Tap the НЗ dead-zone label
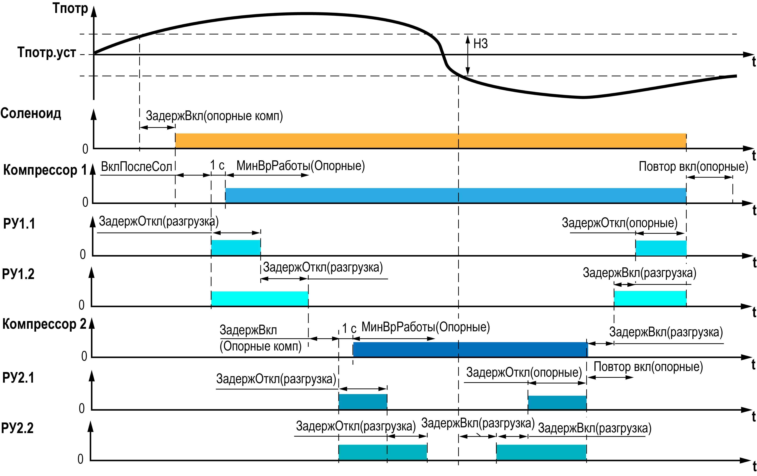pyautogui.click(x=480, y=44)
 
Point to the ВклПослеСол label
pyautogui.click(x=137, y=167)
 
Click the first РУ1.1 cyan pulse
pyautogui.click(x=236, y=248)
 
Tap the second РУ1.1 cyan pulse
pyautogui.click(x=661, y=248)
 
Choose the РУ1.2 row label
pyautogui.click(x=18, y=274)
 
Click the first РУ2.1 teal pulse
pyautogui.click(x=363, y=402)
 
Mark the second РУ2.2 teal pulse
pyautogui.click(x=541, y=452)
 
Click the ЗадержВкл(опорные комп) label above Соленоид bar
pyautogui.click(x=214, y=116)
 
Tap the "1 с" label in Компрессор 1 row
pyautogui.click(x=217, y=165)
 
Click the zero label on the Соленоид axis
pyautogui.click(x=85, y=149)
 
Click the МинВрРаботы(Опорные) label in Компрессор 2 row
pyautogui.click(x=425, y=327)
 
